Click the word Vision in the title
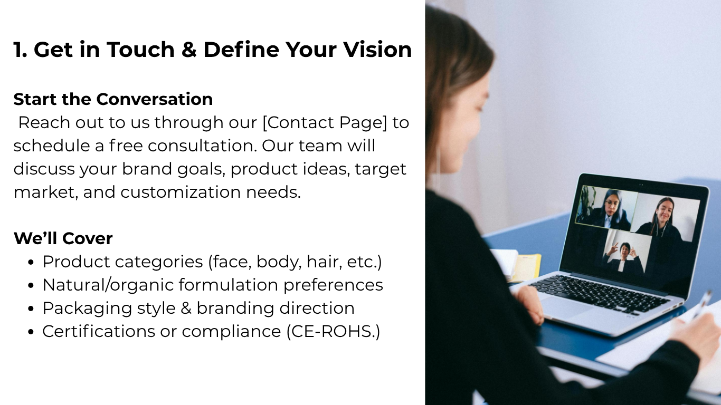377,50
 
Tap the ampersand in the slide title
189,50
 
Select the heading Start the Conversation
113,99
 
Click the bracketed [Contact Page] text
325,122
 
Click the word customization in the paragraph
181,192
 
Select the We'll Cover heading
63,238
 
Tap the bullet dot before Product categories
31,262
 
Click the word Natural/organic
108,285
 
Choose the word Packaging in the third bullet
87,308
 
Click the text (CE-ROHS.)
333,331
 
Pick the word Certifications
99,331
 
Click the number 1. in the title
20,50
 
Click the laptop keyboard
599,293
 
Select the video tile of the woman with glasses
606,207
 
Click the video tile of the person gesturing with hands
627,252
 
